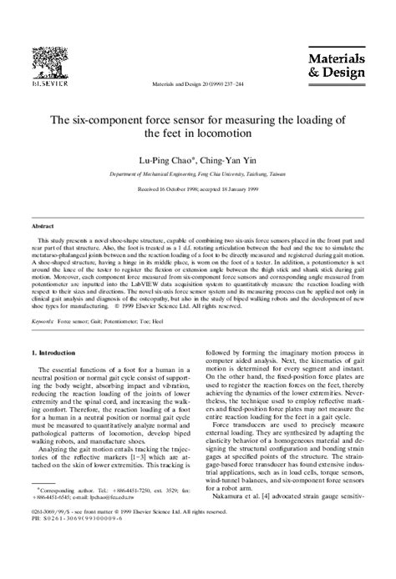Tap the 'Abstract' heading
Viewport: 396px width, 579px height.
[43, 226]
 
